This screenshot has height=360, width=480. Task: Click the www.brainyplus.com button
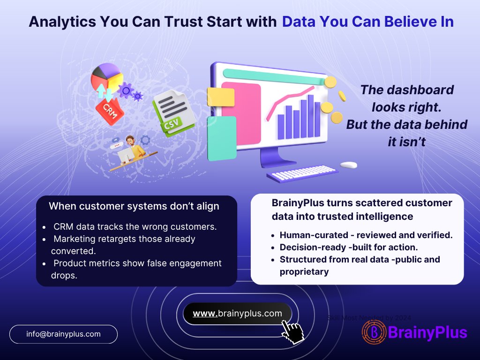[x=237, y=314]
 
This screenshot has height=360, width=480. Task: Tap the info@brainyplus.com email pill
[x=63, y=334]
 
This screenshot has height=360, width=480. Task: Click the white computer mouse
[x=348, y=165]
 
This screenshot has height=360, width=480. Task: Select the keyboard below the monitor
[x=302, y=174]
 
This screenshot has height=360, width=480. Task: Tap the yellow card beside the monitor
[x=220, y=97]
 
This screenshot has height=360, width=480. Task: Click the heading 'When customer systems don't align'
[x=134, y=206]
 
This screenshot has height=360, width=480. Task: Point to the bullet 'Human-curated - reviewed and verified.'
[x=366, y=235]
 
